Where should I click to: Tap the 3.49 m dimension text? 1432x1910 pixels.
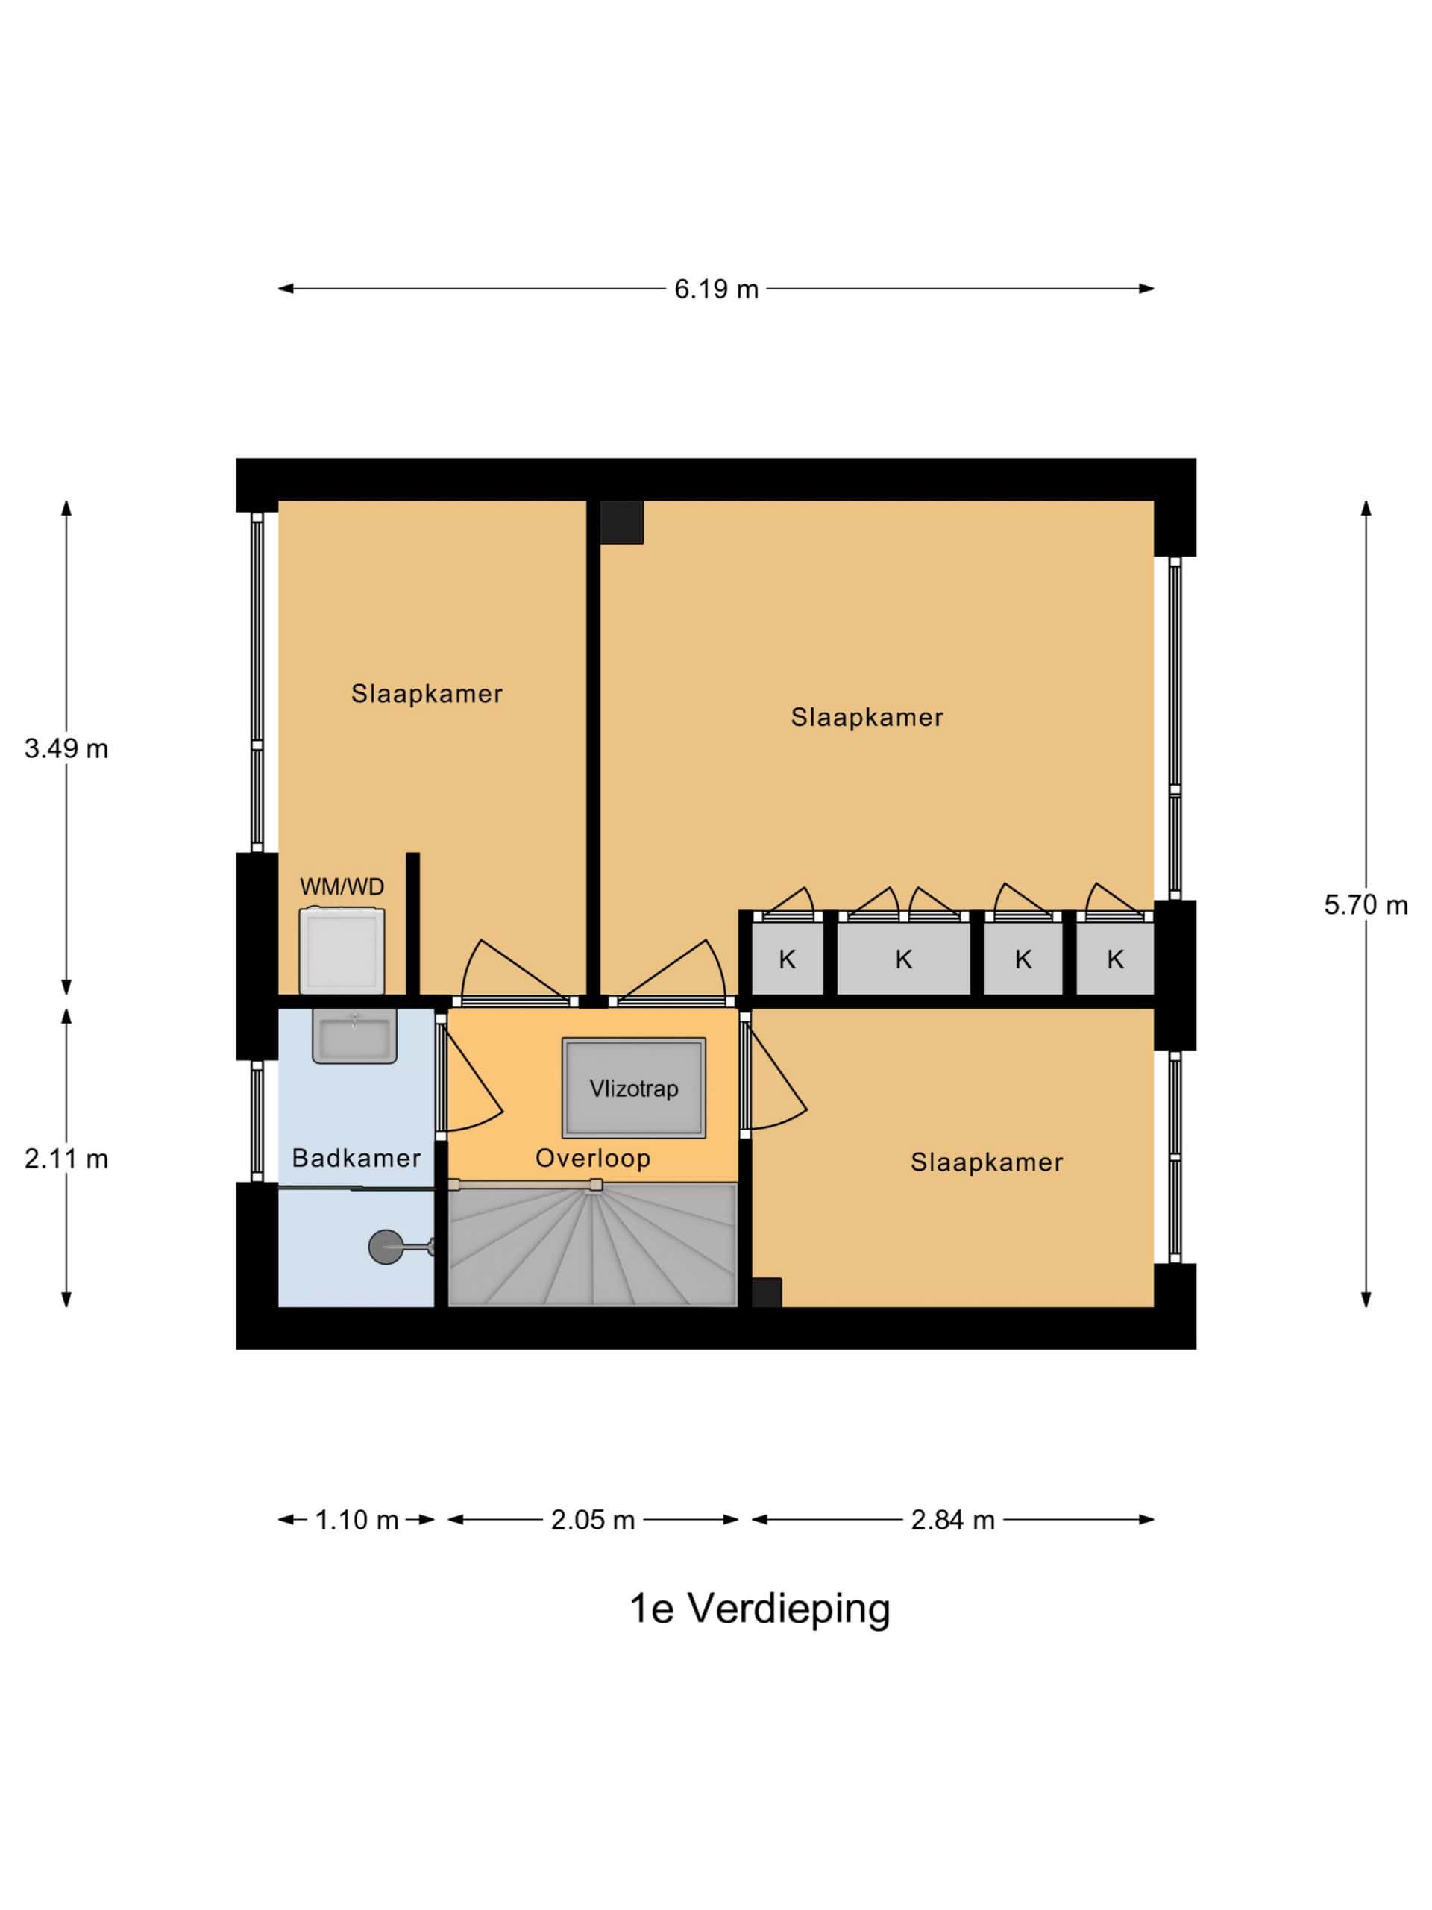point(66,748)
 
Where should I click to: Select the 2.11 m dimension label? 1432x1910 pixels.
point(66,1159)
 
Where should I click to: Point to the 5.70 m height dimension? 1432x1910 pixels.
point(1366,905)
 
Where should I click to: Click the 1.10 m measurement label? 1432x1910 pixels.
point(357,1520)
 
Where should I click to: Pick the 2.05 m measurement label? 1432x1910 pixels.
point(593,1520)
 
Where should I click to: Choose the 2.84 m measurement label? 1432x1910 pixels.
point(953,1520)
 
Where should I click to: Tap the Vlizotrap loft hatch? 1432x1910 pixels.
point(633,1088)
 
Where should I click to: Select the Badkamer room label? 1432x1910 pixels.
point(357,1158)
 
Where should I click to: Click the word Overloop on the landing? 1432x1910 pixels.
point(593,1158)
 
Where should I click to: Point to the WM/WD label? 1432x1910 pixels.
point(342,887)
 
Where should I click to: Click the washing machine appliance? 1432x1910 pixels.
point(342,950)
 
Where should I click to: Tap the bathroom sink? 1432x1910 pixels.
point(355,1036)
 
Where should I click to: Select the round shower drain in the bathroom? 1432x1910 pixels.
point(386,1247)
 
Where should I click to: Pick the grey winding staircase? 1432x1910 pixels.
point(592,1244)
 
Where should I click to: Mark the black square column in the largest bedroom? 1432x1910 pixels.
point(621,522)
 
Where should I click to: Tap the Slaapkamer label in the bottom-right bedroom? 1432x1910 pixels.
point(987,1162)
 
